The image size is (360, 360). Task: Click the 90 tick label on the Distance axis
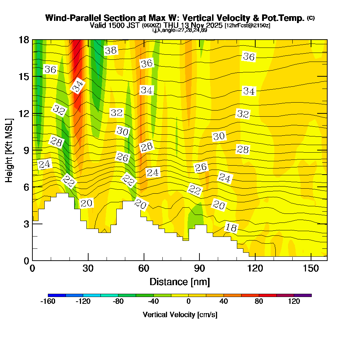tap(199, 269)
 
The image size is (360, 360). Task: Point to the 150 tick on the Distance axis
tap(310, 269)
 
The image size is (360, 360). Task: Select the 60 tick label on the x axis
tap(144, 269)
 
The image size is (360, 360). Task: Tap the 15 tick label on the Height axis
tap(23, 77)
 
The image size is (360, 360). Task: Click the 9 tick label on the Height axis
tap(26, 150)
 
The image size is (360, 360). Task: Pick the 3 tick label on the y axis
tap(26, 224)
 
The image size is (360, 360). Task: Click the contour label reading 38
tap(111, 50)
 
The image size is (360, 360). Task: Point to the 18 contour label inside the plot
tap(231, 228)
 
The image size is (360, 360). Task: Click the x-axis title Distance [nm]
tap(180, 282)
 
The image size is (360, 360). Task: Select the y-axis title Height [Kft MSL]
tap(9, 150)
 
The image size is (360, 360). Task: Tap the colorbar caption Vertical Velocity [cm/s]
tap(180, 315)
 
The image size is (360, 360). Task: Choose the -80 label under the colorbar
tap(118, 302)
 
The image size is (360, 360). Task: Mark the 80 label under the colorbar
tap(259, 302)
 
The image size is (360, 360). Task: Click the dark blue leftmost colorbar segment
tap(57, 295)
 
